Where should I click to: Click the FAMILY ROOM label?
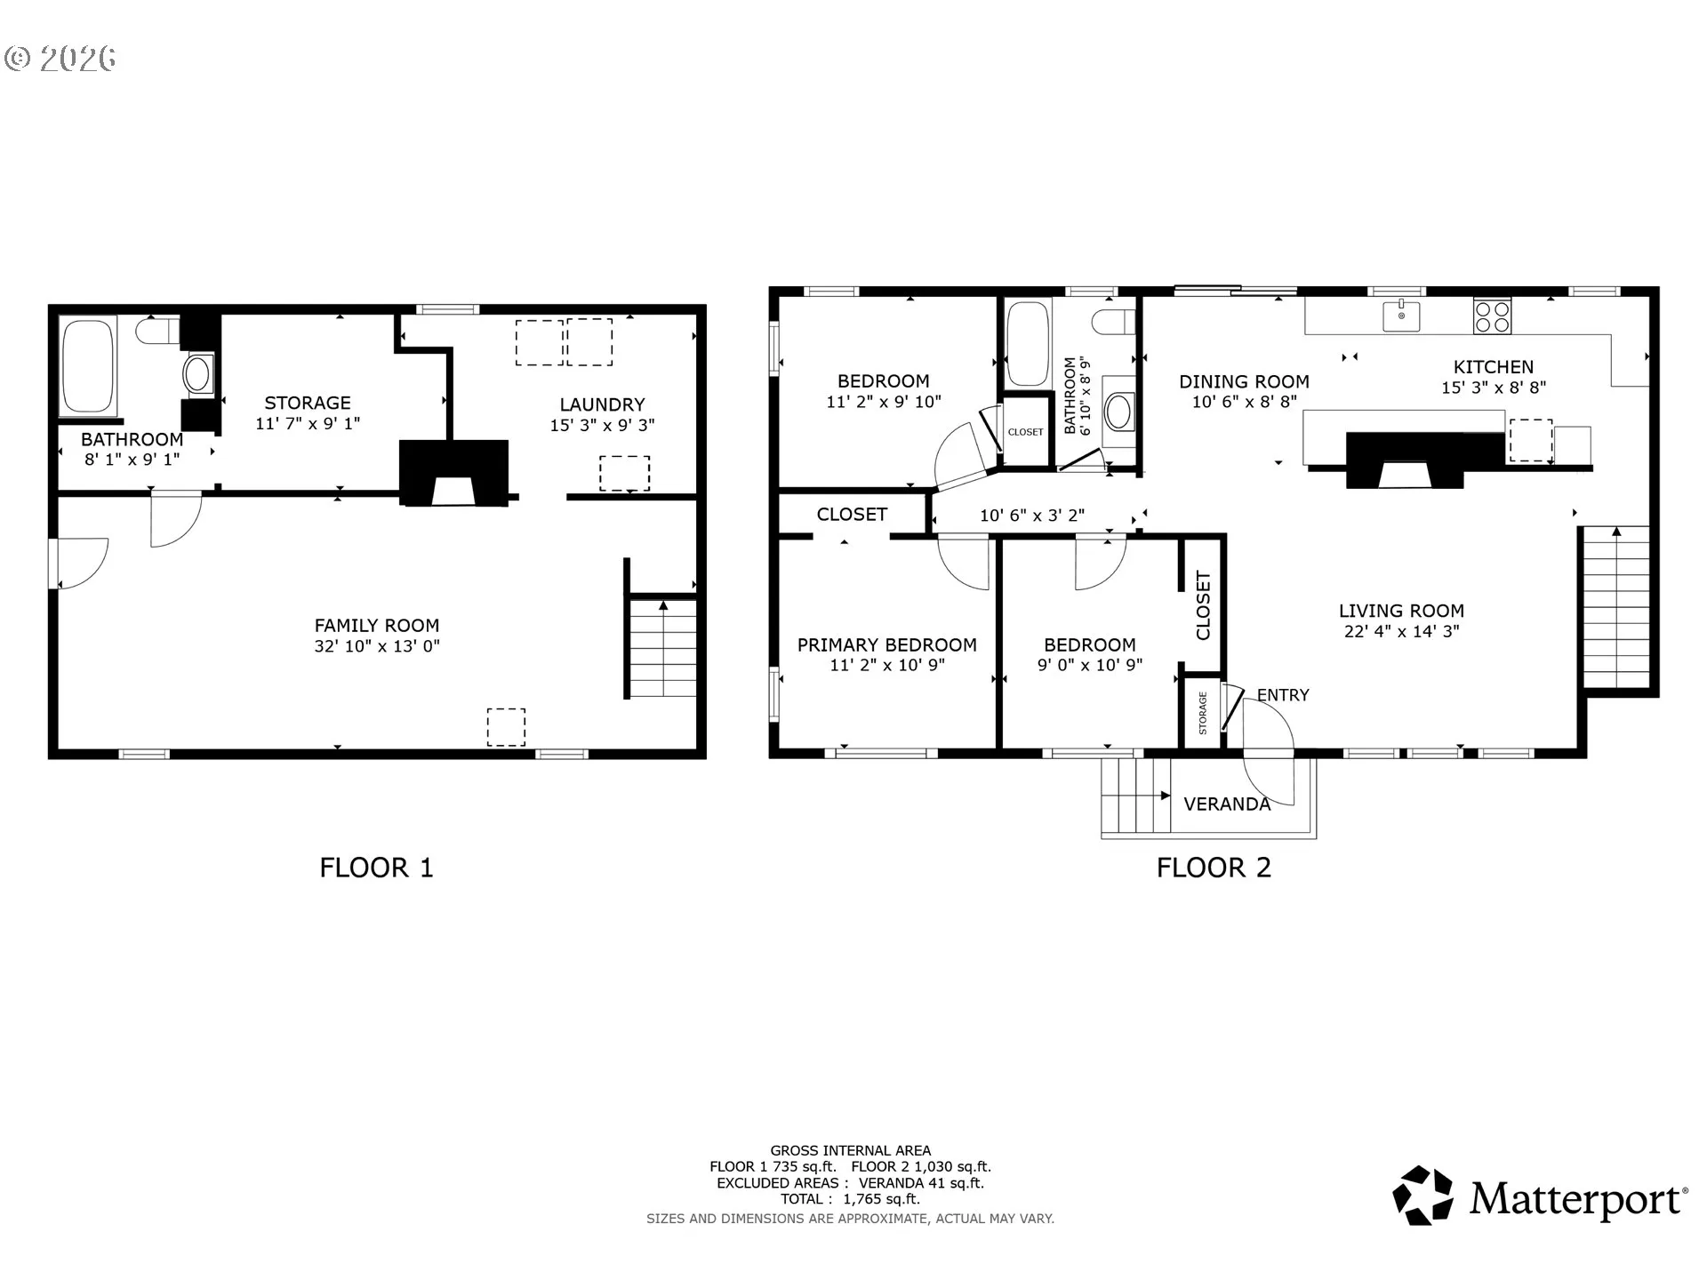pos(377,626)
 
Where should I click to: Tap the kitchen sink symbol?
pos(1401,315)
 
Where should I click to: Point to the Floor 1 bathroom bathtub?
pos(88,365)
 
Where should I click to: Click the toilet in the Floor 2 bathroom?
pos(1115,322)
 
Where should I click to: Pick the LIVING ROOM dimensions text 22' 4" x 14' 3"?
pos(1401,632)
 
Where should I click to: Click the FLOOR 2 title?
pos(1214,868)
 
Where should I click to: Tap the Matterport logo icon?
pos(1422,1196)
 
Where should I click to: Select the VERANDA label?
pos(1227,804)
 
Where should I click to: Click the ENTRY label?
pos(1283,695)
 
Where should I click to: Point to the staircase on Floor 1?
pos(663,648)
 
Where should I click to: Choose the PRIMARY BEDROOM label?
pos(887,645)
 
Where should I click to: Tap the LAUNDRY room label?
pos(602,404)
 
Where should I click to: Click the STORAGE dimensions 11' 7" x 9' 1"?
pos(308,424)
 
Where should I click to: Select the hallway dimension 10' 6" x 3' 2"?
pos(1032,516)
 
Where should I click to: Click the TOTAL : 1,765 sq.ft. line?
pos(850,1199)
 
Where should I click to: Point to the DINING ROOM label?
pos(1244,382)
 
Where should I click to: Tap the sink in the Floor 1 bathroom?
pos(198,374)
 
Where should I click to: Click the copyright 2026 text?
pos(60,59)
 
